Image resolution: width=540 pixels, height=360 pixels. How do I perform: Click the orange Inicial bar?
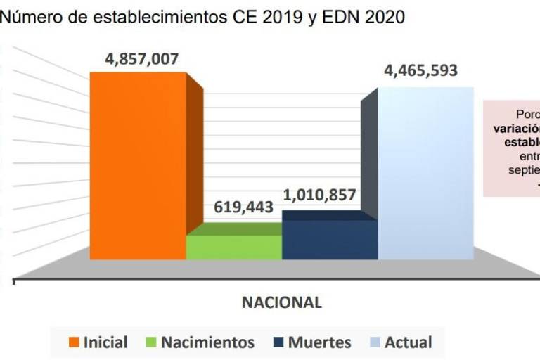coord(138,165)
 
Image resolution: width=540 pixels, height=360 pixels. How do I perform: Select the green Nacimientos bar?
coord(233,247)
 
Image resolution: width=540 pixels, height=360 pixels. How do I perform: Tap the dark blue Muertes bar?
coord(329,239)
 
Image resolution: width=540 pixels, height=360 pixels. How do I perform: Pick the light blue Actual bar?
coord(425,172)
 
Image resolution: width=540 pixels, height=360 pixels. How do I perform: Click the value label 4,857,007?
coord(142,59)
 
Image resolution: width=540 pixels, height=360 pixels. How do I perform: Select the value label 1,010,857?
coord(320,195)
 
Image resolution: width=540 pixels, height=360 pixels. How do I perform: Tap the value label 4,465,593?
coord(420,71)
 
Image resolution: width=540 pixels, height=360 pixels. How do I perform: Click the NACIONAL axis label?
coord(282,302)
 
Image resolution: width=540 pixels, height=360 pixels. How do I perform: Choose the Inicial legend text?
coord(105,342)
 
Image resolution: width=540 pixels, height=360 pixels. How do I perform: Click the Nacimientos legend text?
coord(207,342)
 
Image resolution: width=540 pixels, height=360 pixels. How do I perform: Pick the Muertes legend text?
coord(319,342)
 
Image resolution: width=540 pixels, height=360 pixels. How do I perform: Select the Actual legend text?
coord(408,342)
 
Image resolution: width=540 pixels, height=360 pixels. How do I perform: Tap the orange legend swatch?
coord(73,342)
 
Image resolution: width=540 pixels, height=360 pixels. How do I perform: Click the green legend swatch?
coord(150,342)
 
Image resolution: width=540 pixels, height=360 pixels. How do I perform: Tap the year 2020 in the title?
coord(384,17)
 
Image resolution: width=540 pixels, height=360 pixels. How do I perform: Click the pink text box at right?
coord(513,148)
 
